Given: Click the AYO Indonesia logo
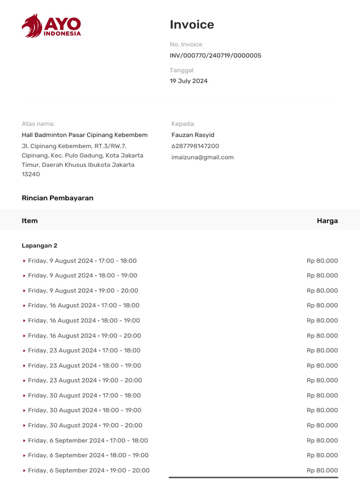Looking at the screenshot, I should click(51, 26).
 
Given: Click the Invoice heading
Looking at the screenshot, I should click(192, 25).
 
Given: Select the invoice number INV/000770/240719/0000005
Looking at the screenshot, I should click(215, 56).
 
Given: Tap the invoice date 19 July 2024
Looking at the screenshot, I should click(188, 81).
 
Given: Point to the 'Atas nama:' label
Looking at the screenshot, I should click(38, 124).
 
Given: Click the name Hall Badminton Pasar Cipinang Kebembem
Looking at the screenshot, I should click(84, 135).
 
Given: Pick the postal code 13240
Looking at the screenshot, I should click(31, 174).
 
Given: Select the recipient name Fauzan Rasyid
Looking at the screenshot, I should click(193, 135).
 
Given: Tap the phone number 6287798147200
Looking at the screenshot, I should click(195, 146).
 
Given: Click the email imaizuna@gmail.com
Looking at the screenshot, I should click(202, 157).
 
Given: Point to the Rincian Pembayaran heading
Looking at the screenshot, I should click(57, 198).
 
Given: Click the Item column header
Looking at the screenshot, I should click(30, 221).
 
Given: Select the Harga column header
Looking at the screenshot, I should click(327, 221).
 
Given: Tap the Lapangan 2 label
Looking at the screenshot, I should click(39, 246).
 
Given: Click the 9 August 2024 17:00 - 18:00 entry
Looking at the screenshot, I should click(82, 261).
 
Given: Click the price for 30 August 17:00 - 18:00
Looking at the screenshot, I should click(322, 396).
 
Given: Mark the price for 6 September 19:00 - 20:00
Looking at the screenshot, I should click(322, 471).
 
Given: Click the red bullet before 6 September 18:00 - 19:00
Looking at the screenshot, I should click(24, 456).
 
